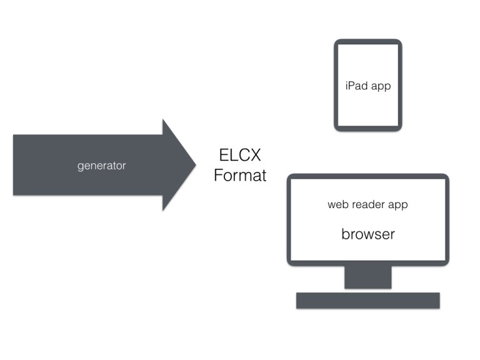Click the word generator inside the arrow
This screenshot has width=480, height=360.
click(101, 166)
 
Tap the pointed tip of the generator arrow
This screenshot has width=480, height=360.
click(194, 165)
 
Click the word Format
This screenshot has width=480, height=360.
click(239, 176)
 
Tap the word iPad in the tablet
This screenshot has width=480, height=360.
click(357, 86)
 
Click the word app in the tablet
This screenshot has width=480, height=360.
click(381, 86)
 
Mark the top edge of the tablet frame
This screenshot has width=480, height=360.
click(367, 42)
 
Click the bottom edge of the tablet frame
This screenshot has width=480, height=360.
click(367, 129)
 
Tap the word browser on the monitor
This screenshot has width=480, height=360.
click(367, 234)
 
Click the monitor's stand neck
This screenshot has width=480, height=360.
click(367, 277)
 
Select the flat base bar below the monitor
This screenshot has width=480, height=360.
click(367, 300)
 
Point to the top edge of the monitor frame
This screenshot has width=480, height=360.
click(367, 176)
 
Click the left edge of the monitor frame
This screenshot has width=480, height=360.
click(289, 219)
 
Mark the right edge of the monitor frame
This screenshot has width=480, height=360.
click(447, 219)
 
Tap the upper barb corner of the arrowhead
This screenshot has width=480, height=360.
click(163, 120)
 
